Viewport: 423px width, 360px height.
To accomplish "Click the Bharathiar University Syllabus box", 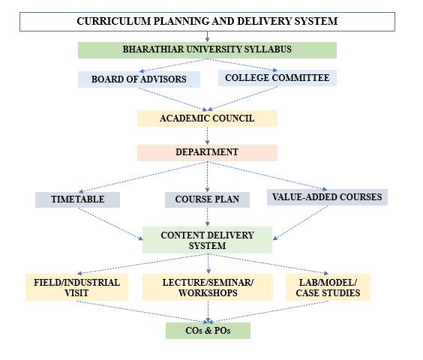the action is pos(207,50).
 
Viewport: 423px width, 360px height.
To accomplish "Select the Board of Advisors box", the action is pos(139,79).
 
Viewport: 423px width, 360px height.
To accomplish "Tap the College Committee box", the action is pos(277,78).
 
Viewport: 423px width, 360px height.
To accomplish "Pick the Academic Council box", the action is pos(207,118).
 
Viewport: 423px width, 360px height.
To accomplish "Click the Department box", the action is pos(207,153).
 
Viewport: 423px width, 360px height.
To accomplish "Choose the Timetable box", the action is pos(77,199).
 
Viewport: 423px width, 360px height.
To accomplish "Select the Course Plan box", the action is pos(207,199).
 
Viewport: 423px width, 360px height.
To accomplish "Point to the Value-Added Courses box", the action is pos(327,197).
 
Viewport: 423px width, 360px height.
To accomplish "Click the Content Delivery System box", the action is pos(207,240).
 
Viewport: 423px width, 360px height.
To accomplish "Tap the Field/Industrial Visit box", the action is pos(77,287).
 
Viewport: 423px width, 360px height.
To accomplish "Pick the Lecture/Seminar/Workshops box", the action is pos(208,287).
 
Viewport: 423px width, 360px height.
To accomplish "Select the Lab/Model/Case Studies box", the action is pos(328,287).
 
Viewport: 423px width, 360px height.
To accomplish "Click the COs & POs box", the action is pos(208,331).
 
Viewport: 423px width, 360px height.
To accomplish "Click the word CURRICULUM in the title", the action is pos(113,21).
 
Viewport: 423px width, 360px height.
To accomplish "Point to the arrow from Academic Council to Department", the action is pos(207,136).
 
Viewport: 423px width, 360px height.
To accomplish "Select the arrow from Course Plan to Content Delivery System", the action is pos(207,217).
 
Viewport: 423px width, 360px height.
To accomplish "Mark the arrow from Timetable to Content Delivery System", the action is pos(110,224).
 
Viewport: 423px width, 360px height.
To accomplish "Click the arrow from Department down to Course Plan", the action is pos(207,177).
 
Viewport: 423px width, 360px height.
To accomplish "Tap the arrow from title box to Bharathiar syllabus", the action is pos(207,37).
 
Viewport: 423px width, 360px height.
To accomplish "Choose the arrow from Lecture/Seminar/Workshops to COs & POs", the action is pos(208,312).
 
